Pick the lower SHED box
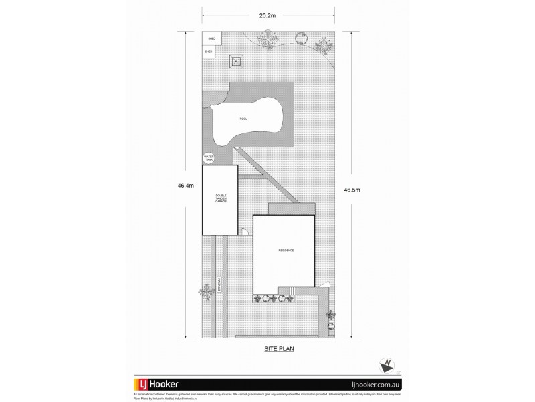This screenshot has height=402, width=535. pos(209,51)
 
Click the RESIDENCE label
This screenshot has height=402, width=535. pos(286,251)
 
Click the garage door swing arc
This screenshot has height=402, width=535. pos(245,233)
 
